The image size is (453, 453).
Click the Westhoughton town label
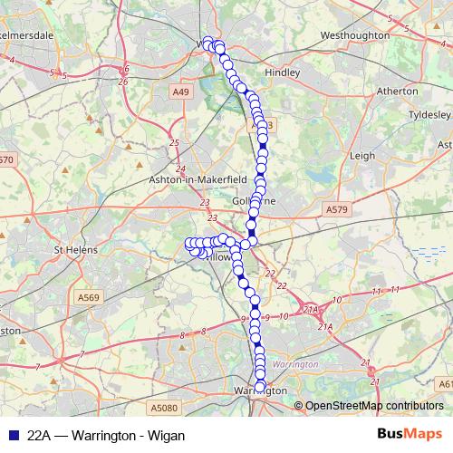[354, 35]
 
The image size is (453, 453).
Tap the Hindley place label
[281, 71]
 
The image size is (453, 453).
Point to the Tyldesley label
[427, 116]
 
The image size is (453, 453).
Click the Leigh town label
[361, 155]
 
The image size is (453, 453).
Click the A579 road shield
[336, 209]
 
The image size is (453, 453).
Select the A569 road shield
[89, 297]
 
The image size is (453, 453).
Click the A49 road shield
[182, 91]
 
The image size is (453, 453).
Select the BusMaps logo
[410, 434]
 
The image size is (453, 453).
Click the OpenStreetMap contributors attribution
[373, 406]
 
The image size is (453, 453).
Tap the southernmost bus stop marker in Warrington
[259, 388]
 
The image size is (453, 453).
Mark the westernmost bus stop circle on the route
[190, 243]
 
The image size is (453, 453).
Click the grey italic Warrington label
[295, 363]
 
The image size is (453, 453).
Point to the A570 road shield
[7, 159]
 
